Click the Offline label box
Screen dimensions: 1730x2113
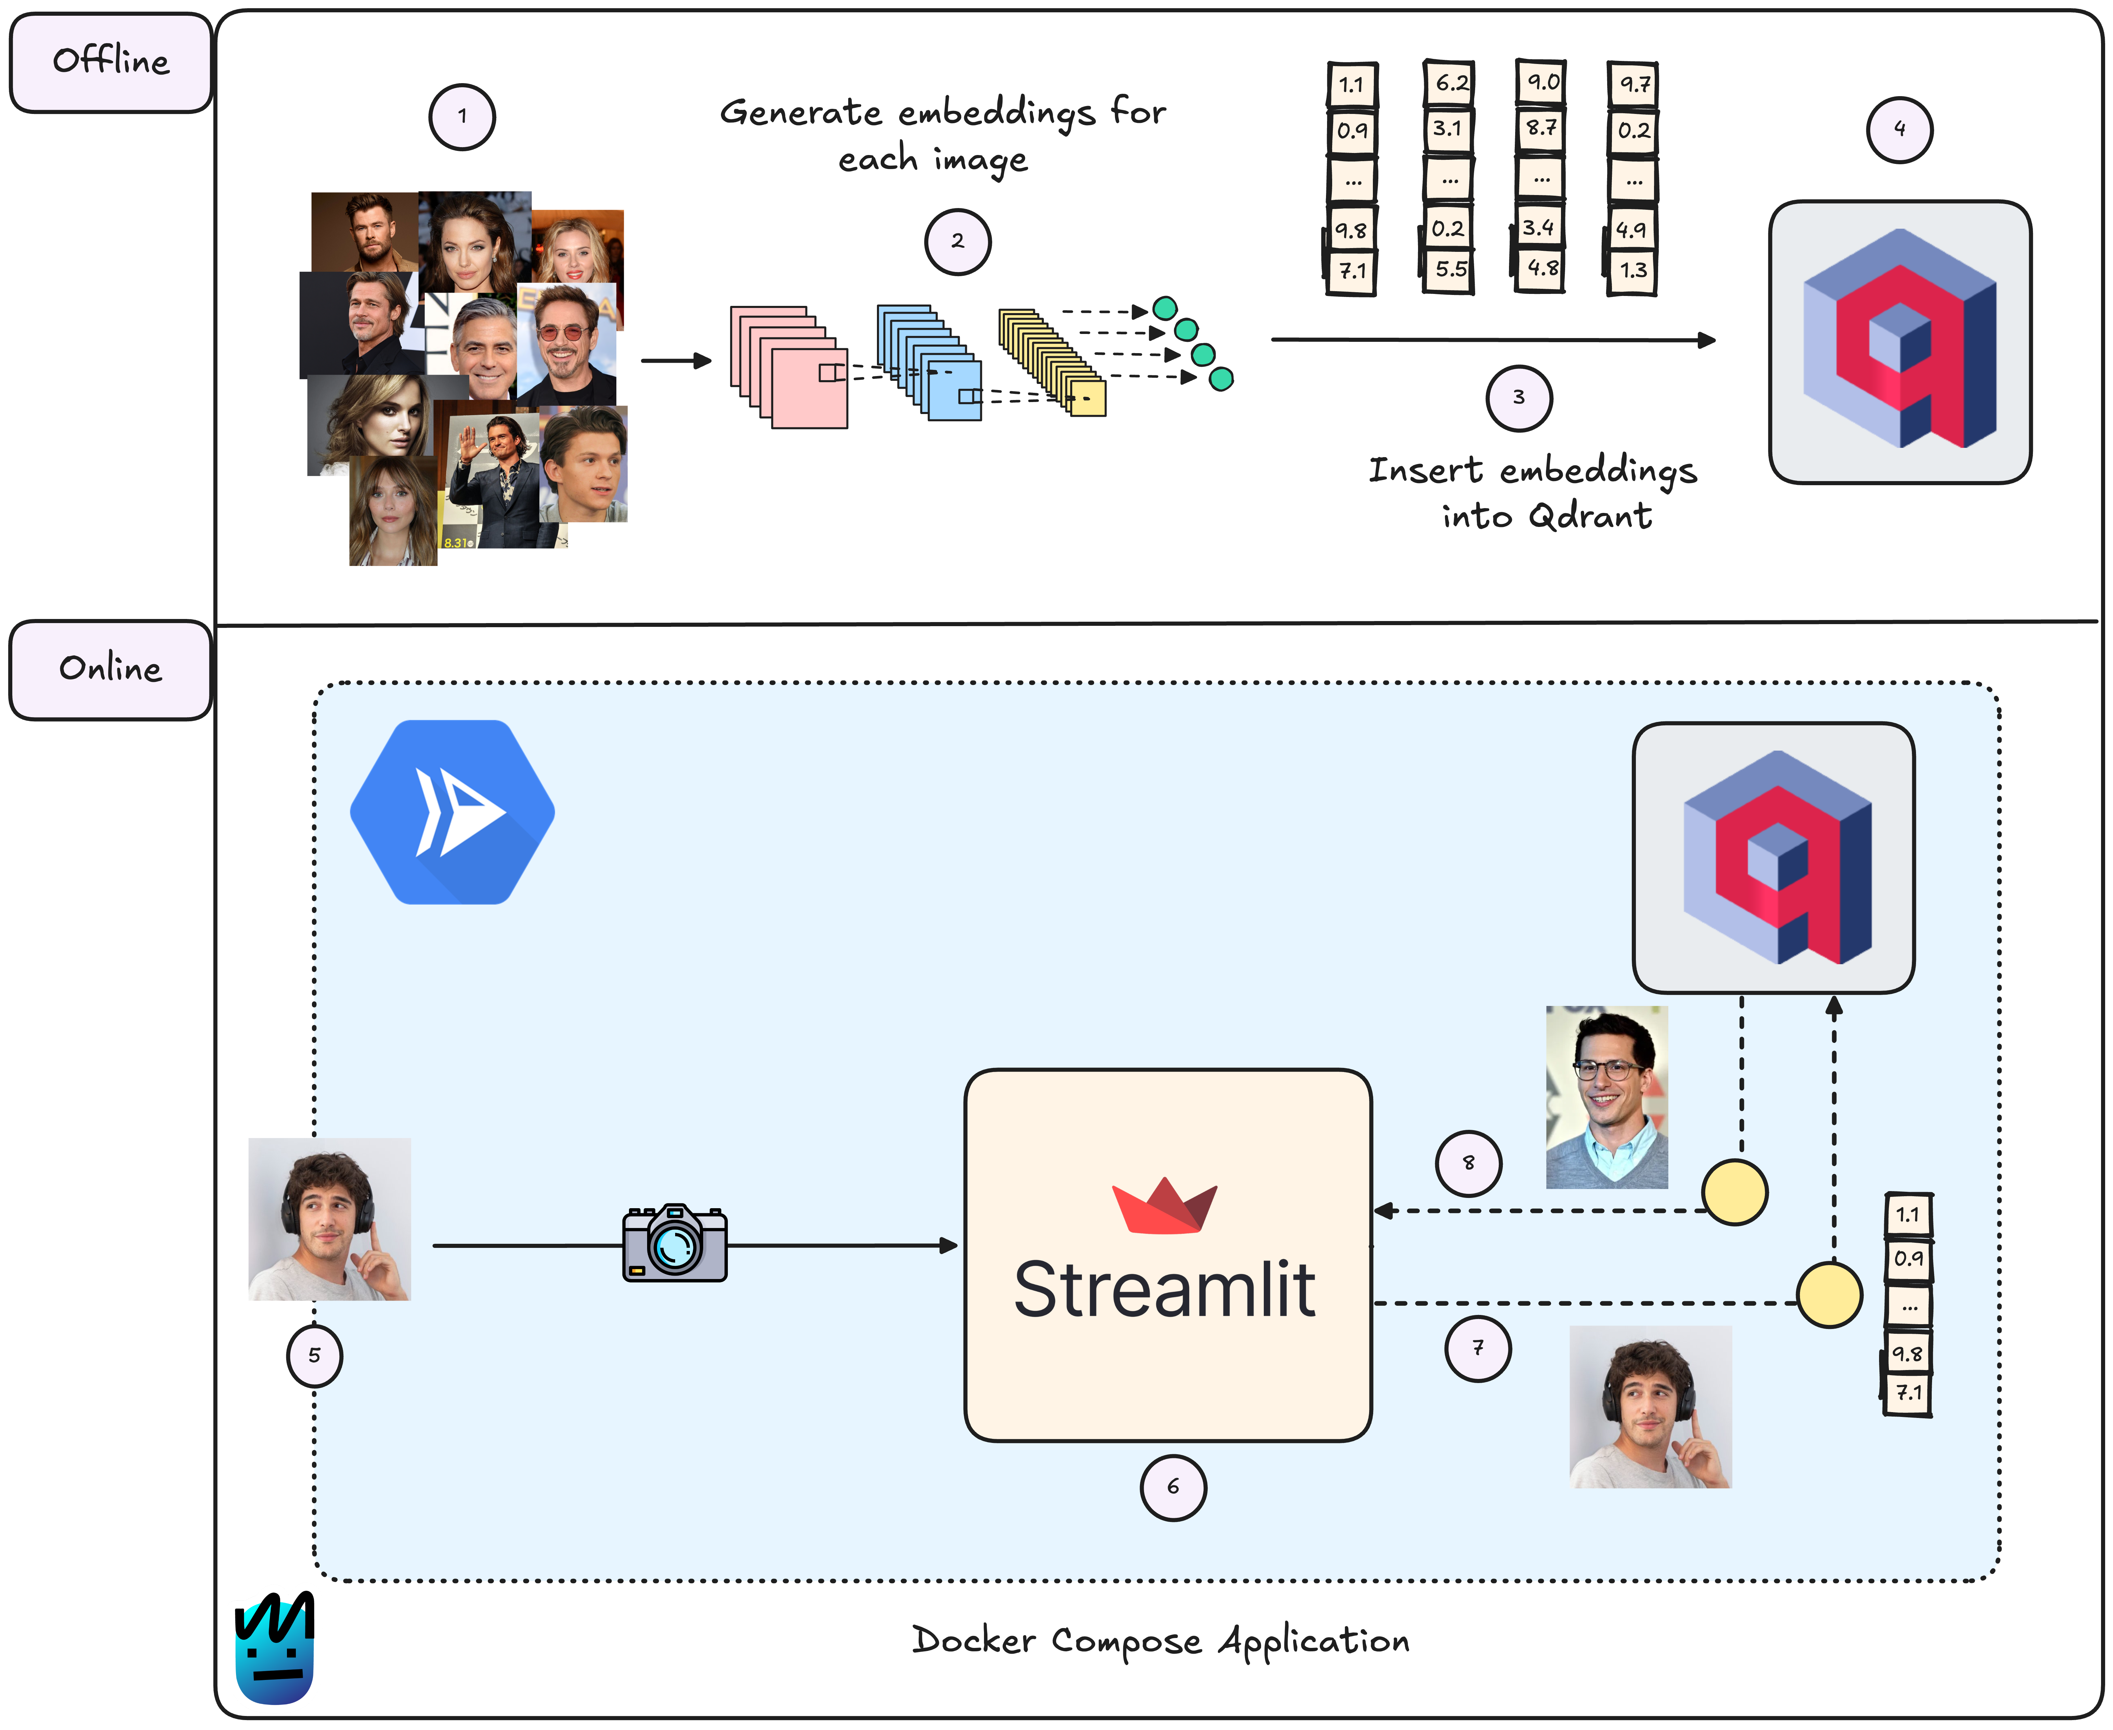110,62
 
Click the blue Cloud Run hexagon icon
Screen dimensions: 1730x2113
452,812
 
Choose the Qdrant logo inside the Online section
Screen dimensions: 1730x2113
1773,857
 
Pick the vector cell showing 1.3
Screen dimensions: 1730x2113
1633,270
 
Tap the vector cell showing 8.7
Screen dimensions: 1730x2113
1540,128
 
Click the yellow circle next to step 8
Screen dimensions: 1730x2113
1734,1192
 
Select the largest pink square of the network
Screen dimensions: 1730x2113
809,389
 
